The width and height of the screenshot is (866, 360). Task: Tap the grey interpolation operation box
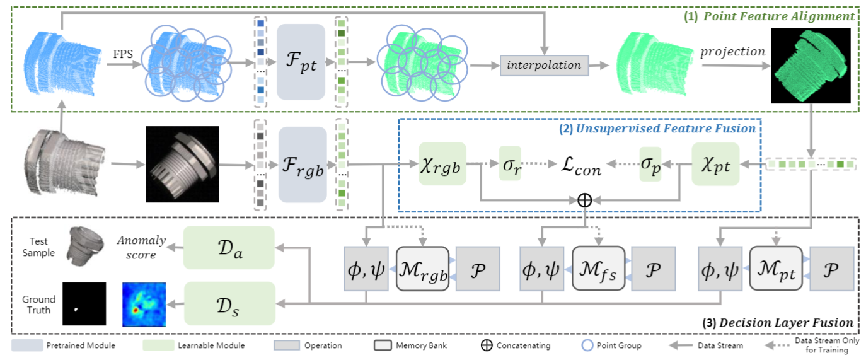point(545,65)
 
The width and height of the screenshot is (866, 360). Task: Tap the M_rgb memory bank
point(422,269)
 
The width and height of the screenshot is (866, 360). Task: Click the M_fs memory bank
point(598,269)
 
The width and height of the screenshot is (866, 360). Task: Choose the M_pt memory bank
point(776,269)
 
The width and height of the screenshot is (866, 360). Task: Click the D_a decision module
point(229,247)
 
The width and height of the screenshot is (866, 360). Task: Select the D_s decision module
point(229,303)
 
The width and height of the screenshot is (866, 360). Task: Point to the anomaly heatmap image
point(144,303)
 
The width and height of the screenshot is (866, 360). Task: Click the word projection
point(731,52)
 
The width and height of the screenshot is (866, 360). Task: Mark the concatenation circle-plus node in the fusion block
point(584,199)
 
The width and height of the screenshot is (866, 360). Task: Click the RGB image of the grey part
point(182,164)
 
